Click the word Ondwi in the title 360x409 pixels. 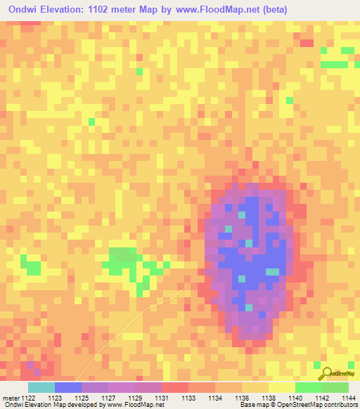(x=23, y=9)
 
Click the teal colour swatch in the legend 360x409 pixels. (x=41, y=387)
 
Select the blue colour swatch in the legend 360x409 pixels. (x=67, y=387)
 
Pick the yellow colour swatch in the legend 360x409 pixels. (x=281, y=387)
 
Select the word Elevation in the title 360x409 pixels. (x=66, y=9)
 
